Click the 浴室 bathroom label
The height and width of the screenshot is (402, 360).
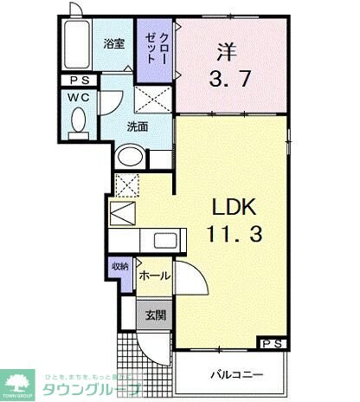click(113, 43)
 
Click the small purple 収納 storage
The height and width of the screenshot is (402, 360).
click(119, 273)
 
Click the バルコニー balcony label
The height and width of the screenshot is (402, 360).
click(232, 375)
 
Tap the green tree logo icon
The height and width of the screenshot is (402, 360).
click(18, 380)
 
